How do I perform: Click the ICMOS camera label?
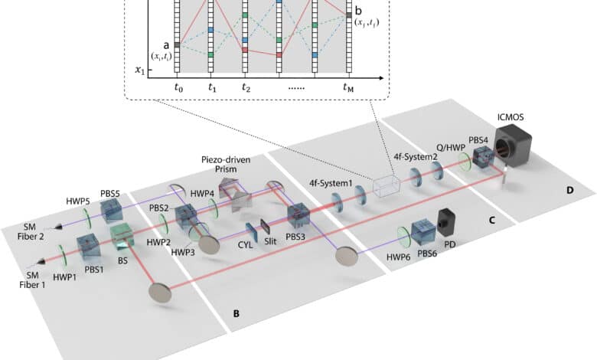(511, 117)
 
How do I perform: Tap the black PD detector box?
(447, 221)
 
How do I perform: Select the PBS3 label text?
(295, 237)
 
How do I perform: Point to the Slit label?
(270, 241)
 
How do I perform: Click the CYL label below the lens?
(245, 244)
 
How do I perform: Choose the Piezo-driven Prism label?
(226, 164)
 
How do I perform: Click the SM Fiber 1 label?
(32, 280)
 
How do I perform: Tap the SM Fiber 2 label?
(31, 231)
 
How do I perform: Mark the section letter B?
(236, 314)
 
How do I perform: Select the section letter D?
(569, 190)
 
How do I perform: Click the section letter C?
(492, 220)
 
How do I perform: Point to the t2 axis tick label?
(246, 88)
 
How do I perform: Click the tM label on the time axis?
(348, 88)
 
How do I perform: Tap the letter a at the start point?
(166, 45)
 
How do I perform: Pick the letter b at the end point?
(358, 10)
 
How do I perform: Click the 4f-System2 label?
(416, 155)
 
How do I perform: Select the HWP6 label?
(398, 257)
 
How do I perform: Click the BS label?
(122, 261)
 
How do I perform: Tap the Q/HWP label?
(451, 148)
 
